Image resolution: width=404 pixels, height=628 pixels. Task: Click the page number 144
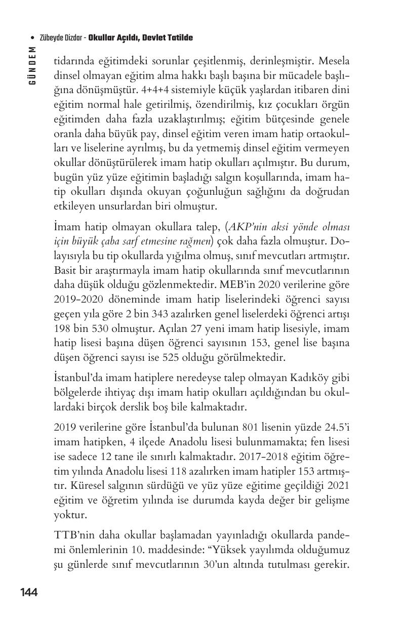(x=29, y=592)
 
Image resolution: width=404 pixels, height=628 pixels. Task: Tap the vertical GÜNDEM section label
(x=32, y=65)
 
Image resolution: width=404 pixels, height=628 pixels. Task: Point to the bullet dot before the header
(x=32, y=38)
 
